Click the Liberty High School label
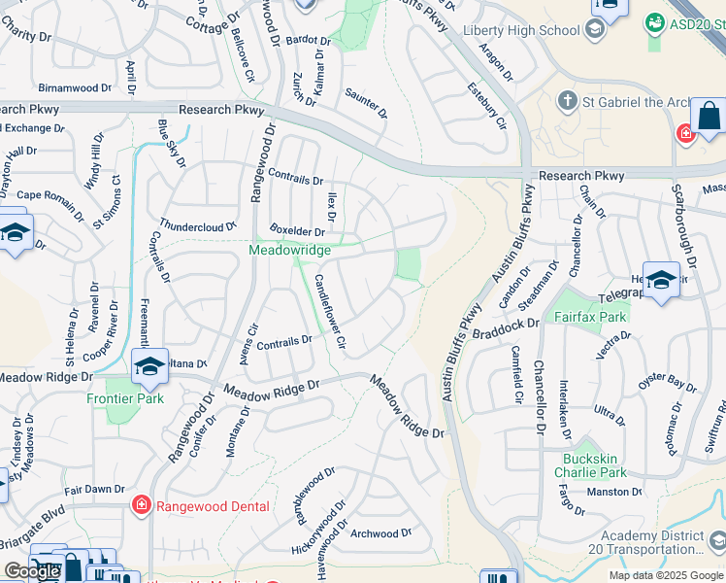click(522, 31)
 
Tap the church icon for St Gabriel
click(568, 101)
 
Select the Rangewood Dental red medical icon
click(141, 504)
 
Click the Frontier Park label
click(124, 398)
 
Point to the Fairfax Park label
click(591, 317)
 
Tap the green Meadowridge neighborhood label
click(289, 250)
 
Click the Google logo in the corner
click(31, 571)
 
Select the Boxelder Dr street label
click(297, 231)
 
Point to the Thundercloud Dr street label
click(198, 225)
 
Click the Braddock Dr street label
click(505, 333)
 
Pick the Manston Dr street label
click(615, 493)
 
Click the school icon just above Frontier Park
click(149, 366)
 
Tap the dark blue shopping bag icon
click(709, 117)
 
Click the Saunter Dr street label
click(366, 103)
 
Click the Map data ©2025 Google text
click(665, 575)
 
